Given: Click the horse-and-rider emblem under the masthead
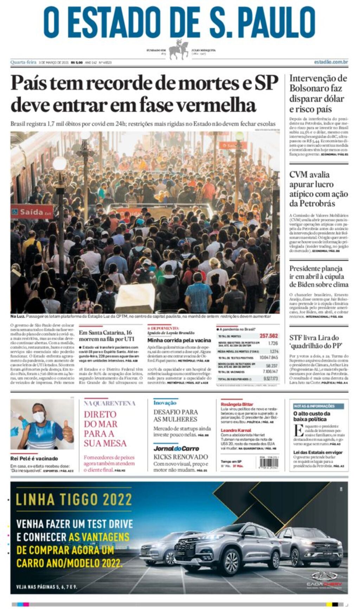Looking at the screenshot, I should coord(179,50).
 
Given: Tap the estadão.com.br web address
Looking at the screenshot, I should coord(331,62).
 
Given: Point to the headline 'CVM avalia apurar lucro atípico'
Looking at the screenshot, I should coord(318,189).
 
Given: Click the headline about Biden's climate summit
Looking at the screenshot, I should coord(319,276).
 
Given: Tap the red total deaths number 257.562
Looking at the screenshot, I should coord(268,336).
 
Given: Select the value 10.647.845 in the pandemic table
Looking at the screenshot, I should coord(268,357).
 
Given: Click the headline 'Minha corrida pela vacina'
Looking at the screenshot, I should coord(179,340).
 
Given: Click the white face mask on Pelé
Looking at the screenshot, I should coord(39,417).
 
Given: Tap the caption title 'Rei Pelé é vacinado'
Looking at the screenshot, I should coord(34,458).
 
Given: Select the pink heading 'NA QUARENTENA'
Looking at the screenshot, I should coord(109,403).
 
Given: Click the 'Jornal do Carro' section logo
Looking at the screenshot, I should coord(176,448).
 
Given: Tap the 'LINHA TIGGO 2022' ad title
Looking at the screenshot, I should coord(74,499).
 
